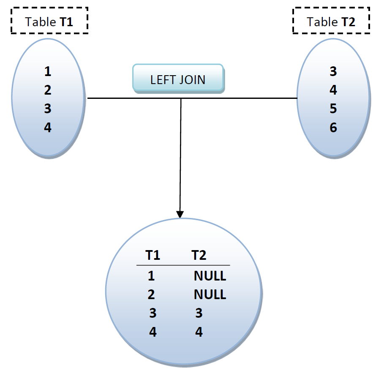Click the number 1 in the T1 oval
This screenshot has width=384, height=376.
pos(48,71)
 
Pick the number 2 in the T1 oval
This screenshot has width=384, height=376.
pos(48,90)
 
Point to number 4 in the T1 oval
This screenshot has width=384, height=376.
pos(48,127)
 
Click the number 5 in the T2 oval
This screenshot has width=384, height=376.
pos(333,109)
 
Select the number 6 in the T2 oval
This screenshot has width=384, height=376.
pos(333,127)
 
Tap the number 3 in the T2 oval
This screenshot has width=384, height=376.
pos(333,71)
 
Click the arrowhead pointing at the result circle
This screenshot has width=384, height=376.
pos(180,214)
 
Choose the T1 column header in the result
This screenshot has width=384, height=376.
pos(153,255)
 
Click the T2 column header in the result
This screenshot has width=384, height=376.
pos(199,255)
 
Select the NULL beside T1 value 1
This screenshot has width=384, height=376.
pos(210,276)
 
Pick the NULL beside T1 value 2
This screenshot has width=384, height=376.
pos(210,294)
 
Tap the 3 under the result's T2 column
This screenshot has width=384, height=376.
pos(199,313)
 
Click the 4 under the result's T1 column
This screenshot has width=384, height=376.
pos(153,332)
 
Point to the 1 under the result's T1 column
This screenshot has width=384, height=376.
pos(151,276)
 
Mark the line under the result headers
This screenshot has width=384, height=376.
pos(183,265)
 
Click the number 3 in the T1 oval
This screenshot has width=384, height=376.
pos(48,109)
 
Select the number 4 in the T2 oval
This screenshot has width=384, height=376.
pos(333,90)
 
